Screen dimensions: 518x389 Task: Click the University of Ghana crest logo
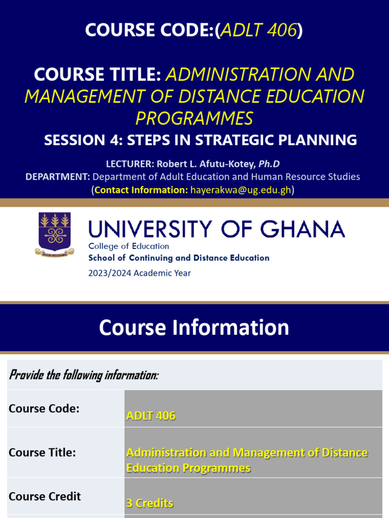(x=54, y=234)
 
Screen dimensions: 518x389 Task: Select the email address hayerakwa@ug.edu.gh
(x=241, y=190)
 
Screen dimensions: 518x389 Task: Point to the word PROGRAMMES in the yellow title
(x=194, y=118)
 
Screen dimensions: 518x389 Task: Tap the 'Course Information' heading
(x=194, y=328)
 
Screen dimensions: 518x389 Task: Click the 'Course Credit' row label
(x=45, y=496)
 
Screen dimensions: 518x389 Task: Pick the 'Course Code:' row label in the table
(x=44, y=408)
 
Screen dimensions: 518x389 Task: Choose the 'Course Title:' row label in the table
(x=42, y=452)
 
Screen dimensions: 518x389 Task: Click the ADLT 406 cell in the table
(x=151, y=416)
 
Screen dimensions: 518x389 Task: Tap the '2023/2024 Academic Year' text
(x=140, y=273)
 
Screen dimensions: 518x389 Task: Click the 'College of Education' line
(x=129, y=246)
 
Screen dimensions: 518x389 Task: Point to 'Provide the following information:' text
(x=84, y=375)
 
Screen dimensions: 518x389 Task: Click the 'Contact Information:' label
(x=141, y=190)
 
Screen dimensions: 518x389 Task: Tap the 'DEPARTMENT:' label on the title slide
(x=58, y=177)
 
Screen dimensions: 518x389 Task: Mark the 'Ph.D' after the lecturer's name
(x=269, y=164)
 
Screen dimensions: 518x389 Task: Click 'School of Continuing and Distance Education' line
(x=179, y=258)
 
